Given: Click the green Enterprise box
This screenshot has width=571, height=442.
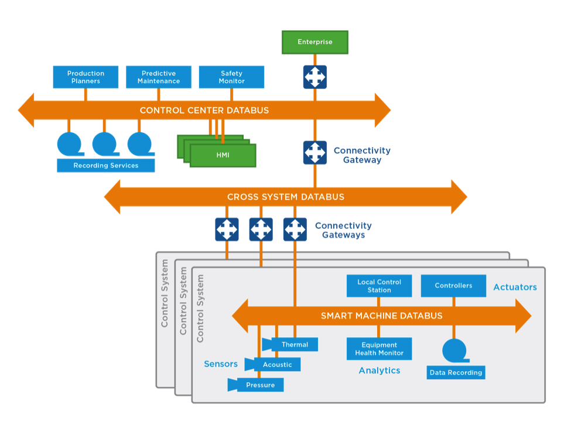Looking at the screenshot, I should tap(314, 42).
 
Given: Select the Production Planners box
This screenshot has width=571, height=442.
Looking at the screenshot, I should tap(86, 77).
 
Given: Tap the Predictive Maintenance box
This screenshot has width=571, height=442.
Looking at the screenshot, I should tap(159, 77).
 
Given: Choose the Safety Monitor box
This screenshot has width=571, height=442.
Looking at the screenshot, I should tap(231, 77).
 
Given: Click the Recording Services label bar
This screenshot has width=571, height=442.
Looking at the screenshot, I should tap(106, 166).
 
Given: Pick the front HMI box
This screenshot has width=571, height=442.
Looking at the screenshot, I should tap(223, 156).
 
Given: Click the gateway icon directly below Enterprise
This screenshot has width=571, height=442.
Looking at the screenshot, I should tap(315, 77).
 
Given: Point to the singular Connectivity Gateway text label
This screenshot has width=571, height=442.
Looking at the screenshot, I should tap(362, 155).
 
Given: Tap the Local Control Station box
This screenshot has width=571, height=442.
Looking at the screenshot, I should tap(379, 286).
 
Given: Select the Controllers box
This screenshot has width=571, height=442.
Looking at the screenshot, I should tap(453, 286).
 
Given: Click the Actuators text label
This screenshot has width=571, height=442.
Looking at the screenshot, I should tap(515, 287).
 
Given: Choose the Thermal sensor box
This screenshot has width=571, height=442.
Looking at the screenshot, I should tap(294, 344).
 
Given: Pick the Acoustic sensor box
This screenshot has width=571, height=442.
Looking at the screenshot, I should tap(277, 364).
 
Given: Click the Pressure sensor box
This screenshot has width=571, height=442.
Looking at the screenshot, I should tap(260, 385).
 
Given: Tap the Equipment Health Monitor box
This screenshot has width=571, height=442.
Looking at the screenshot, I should tap(379, 349).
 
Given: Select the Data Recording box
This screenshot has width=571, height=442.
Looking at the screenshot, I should tap(456, 372).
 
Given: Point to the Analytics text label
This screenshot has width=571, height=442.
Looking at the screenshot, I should tap(379, 371).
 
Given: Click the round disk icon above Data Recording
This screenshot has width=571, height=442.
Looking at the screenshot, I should tap(454, 350).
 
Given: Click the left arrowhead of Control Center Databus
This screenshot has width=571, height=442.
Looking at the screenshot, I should tap(26, 110).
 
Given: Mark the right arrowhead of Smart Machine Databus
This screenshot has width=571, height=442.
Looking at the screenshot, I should tap(523, 316).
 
